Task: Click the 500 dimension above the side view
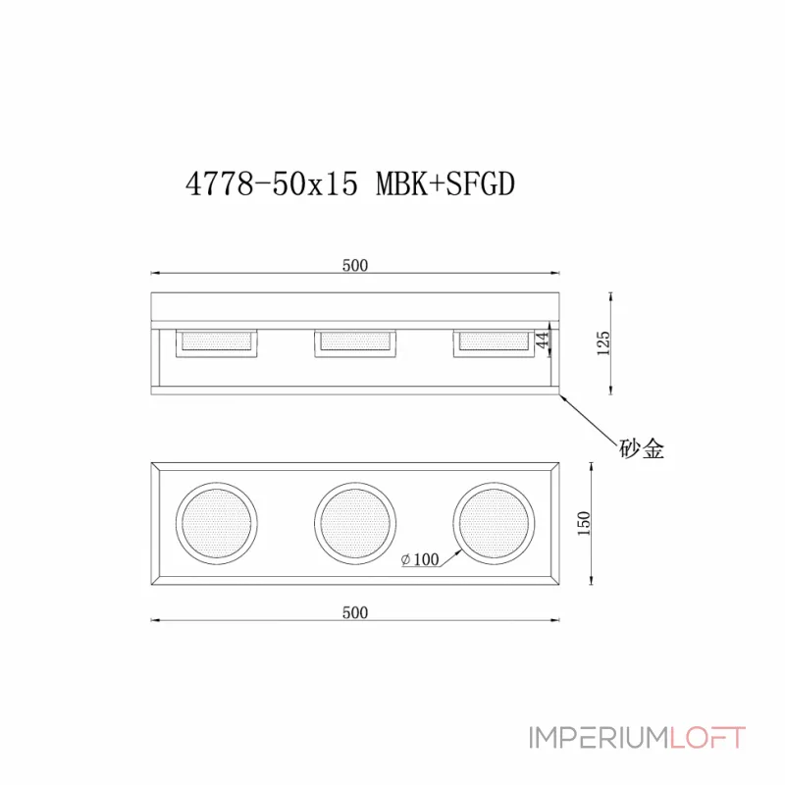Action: pos(354,265)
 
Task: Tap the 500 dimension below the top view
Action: pos(354,612)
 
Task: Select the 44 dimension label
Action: pos(541,340)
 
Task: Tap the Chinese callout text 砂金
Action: pos(642,448)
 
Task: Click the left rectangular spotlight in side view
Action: pos(216,341)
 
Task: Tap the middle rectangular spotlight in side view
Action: pos(354,341)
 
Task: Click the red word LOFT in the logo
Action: pos(707,738)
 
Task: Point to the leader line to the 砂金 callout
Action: pos(589,417)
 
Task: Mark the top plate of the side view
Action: pos(354,308)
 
